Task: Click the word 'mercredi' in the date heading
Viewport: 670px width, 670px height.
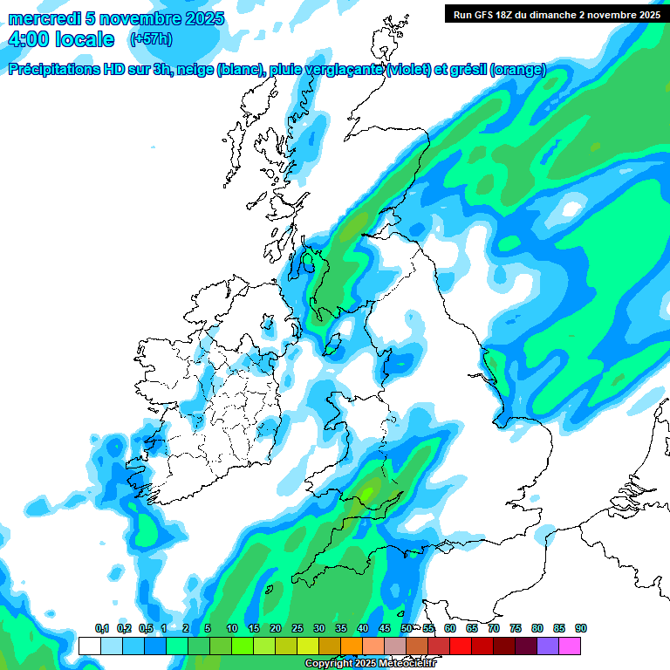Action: (44, 18)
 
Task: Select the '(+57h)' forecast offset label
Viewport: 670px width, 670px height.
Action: (151, 39)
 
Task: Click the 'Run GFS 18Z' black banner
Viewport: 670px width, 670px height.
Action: (556, 14)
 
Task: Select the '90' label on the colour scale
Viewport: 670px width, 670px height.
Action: (581, 628)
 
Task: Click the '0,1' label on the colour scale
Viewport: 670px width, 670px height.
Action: (101, 628)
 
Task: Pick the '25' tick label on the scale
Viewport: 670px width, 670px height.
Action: (297, 628)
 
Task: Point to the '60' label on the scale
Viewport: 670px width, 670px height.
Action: (450, 628)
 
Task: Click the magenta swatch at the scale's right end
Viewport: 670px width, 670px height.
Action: (570, 646)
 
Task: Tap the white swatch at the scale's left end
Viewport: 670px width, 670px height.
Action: (90, 646)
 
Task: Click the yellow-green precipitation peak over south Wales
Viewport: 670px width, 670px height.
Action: (370, 496)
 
